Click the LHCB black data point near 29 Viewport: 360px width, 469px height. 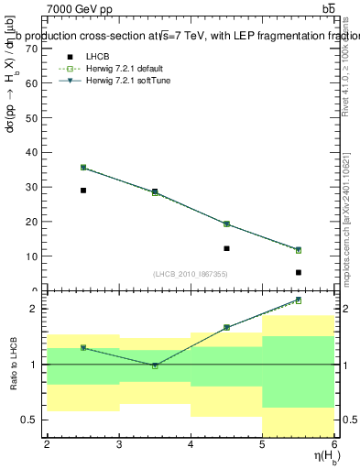(83, 191)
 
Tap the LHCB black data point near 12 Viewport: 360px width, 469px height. (226, 248)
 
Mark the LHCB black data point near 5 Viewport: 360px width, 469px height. (299, 272)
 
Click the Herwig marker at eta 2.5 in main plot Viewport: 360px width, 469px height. (83, 168)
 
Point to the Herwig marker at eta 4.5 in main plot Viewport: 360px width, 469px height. (226, 224)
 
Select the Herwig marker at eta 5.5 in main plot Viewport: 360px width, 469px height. (299, 250)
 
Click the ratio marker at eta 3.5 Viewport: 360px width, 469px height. (155, 365)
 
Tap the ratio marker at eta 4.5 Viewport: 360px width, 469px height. (226, 327)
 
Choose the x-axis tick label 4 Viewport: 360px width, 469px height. (191, 444)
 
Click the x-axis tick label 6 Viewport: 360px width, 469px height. (334, 444)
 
